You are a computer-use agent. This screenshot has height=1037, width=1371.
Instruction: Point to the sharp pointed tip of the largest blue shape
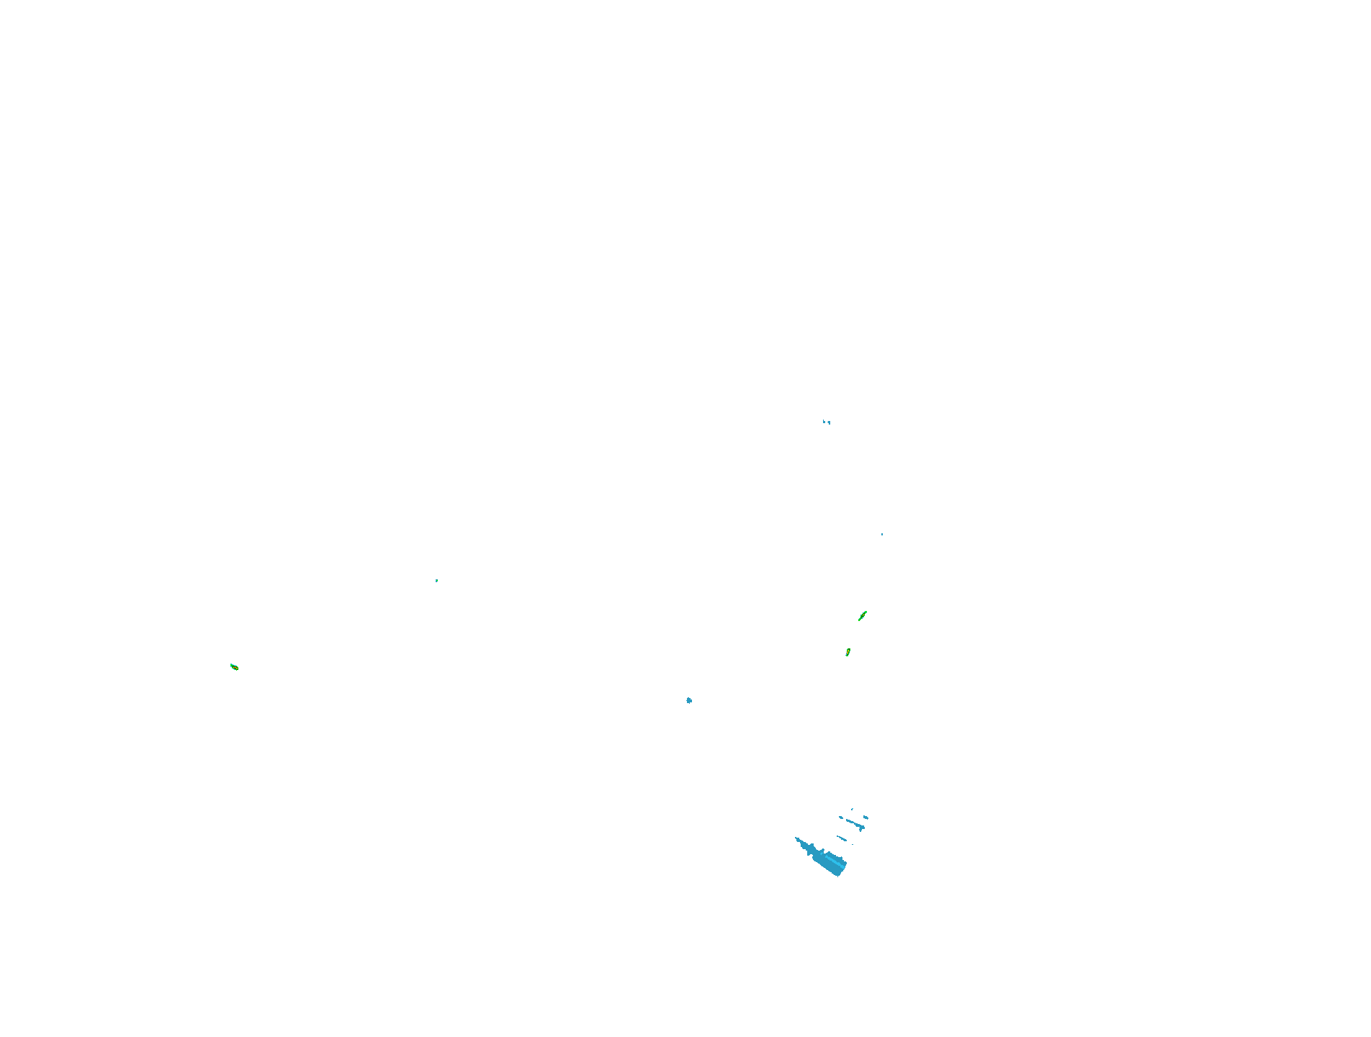[x=796, y=838]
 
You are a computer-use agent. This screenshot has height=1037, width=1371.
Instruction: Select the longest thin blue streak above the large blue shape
[x=855, y=823]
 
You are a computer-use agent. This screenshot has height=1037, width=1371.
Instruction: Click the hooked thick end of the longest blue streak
[x=861, y=828]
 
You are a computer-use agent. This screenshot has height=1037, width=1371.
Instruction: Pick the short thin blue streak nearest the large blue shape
[x=842, y=838]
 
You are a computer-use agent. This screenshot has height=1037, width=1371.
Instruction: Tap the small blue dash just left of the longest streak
[x=841, y=818]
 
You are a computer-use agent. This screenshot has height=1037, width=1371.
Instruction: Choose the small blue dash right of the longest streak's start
[x=866, y=817]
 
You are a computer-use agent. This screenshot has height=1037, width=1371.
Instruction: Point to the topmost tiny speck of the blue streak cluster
[x=852, y=809]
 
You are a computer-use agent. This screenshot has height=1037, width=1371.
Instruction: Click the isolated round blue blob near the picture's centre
[x=689, y=700]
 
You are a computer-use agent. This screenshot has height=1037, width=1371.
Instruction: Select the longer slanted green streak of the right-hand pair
[x=863, y=615]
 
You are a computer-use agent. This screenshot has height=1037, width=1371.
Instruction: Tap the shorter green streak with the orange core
[x=848, y=652]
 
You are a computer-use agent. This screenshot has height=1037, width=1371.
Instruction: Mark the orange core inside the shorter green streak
[x=848, y=652]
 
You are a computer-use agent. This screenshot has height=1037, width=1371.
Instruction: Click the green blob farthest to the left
[x=234, y=667]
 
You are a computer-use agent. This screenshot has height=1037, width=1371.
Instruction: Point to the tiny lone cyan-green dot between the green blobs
[x=436, y=580]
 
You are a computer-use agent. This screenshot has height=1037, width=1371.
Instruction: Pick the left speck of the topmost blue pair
[x=824, y=422]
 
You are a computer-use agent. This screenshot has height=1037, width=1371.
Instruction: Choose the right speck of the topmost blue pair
[x=829, y=422]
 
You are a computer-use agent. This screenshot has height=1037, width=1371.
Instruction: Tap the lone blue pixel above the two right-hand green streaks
[x=882, y=534]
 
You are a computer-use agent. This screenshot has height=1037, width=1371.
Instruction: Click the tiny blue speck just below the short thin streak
[x=853, y=844]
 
